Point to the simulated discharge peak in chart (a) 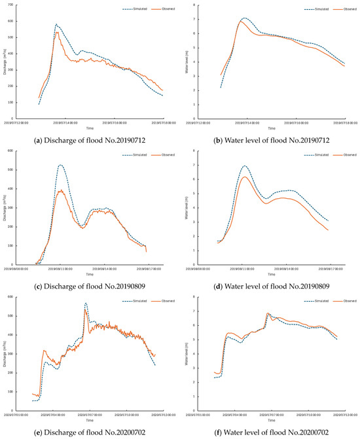pyautogui.click(x=56, y=24)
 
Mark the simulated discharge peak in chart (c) pyautogui.click(x=60, y=165)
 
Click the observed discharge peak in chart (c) pyautogui.click(x=61, y=190)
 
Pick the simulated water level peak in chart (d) pyautogui.click(x=244, y=166)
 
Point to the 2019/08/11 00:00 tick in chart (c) pyautogui.click(x=62, y=268)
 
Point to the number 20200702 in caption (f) pyautogui.click(x=310, y=427)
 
